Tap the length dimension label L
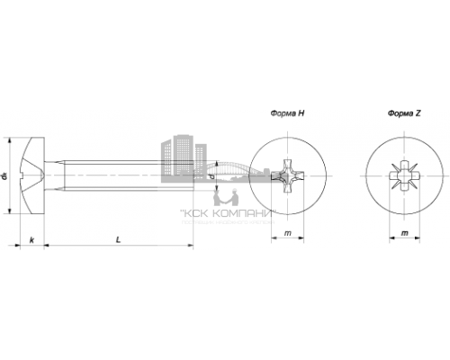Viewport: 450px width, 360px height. click(x=119, y=238)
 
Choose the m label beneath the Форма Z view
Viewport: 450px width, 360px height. click(x=403, y=234)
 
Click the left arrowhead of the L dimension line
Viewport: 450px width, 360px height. click(x=48, y=244)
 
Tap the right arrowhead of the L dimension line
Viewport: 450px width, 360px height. click(x=191, y=244)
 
